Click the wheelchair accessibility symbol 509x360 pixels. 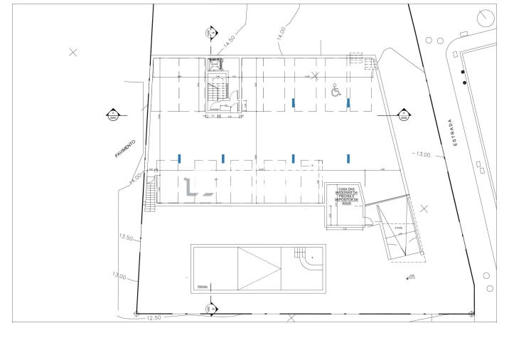coord(336,90)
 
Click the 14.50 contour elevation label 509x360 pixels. coord(228,42)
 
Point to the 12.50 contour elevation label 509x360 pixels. coord(155,317)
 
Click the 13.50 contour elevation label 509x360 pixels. coord(126,238)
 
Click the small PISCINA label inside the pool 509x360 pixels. coord(201,287)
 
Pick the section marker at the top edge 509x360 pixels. coord(210,32)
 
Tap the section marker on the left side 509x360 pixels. coord(112,115)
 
